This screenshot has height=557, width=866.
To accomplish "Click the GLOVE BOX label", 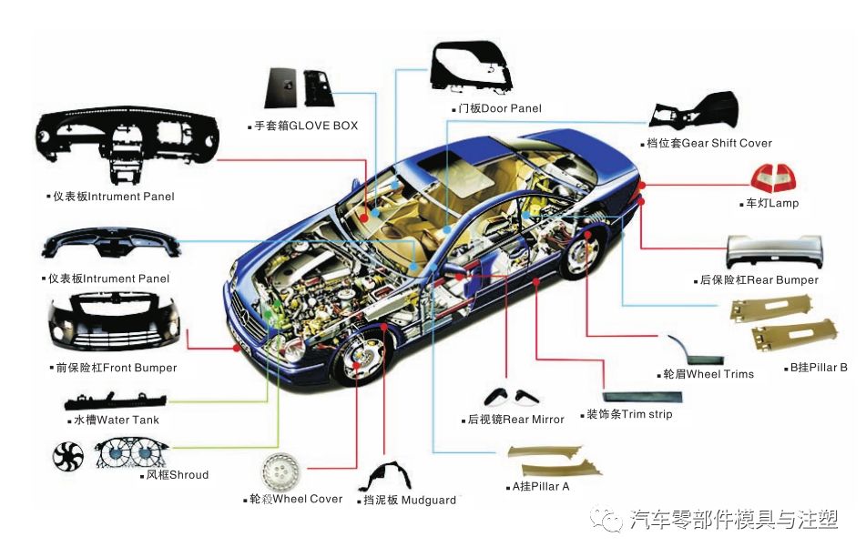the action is point(307,126).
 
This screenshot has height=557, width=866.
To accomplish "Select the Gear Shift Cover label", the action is point(708,143).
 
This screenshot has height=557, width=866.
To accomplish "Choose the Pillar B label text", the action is point(819,368).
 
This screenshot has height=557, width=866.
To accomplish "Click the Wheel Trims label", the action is point(708,374).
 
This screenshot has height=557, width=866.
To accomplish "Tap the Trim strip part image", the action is point(643,396).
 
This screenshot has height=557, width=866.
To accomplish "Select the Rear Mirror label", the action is point(515,420).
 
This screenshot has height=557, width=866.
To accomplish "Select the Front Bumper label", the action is point(115,368).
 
